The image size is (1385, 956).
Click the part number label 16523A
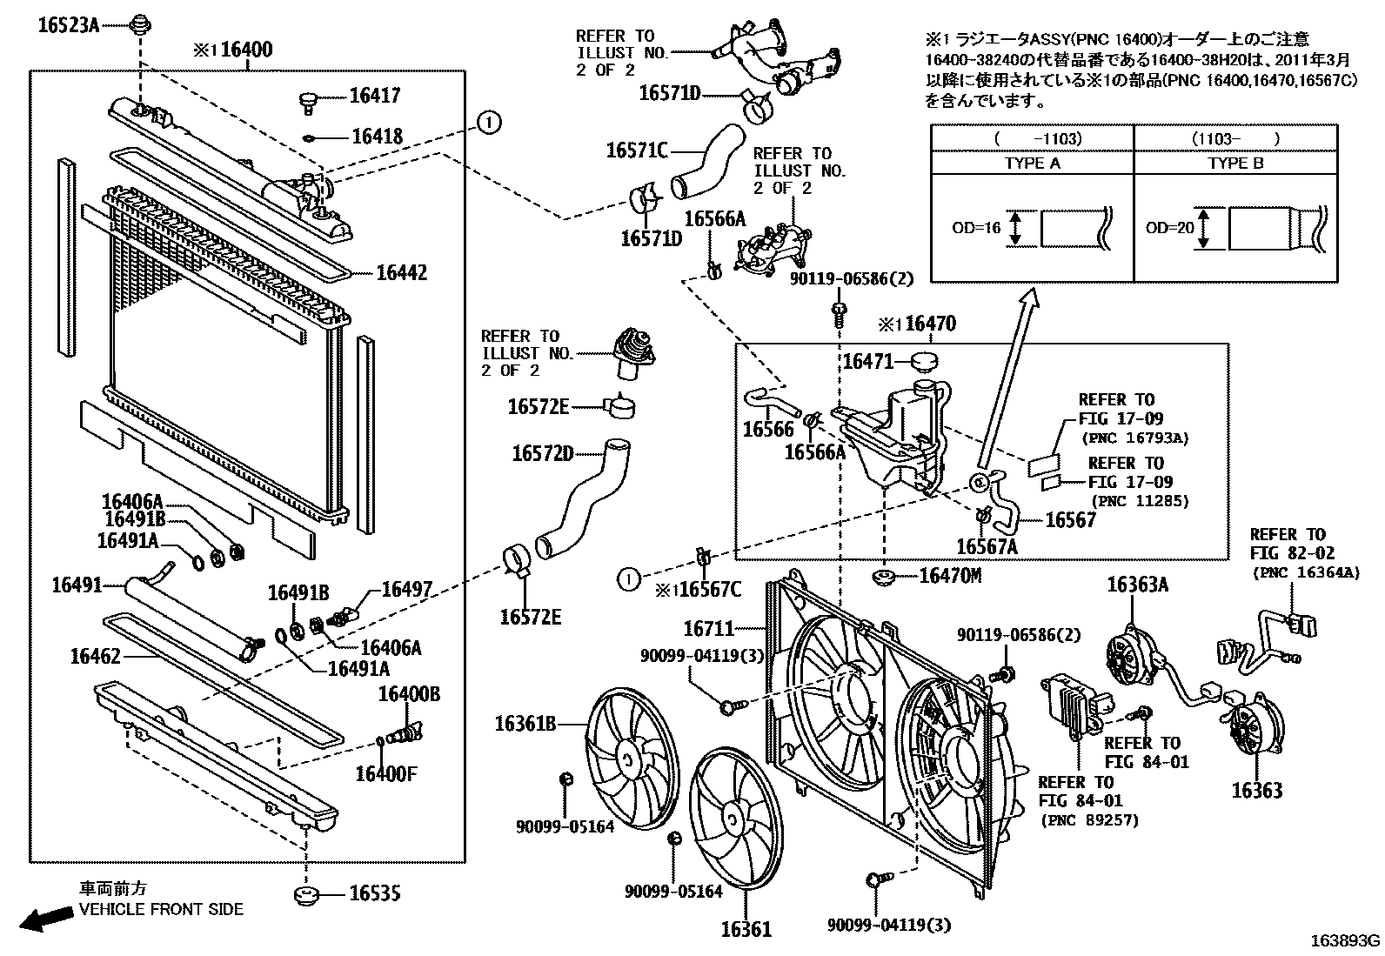[x=68, y=25]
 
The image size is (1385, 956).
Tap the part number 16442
[x=401, y=273]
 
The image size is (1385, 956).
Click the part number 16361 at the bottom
[x=746, y=930]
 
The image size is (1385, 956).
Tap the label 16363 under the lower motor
[x=1256, y=790]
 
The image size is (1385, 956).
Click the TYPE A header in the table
[x=1032, y=164]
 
